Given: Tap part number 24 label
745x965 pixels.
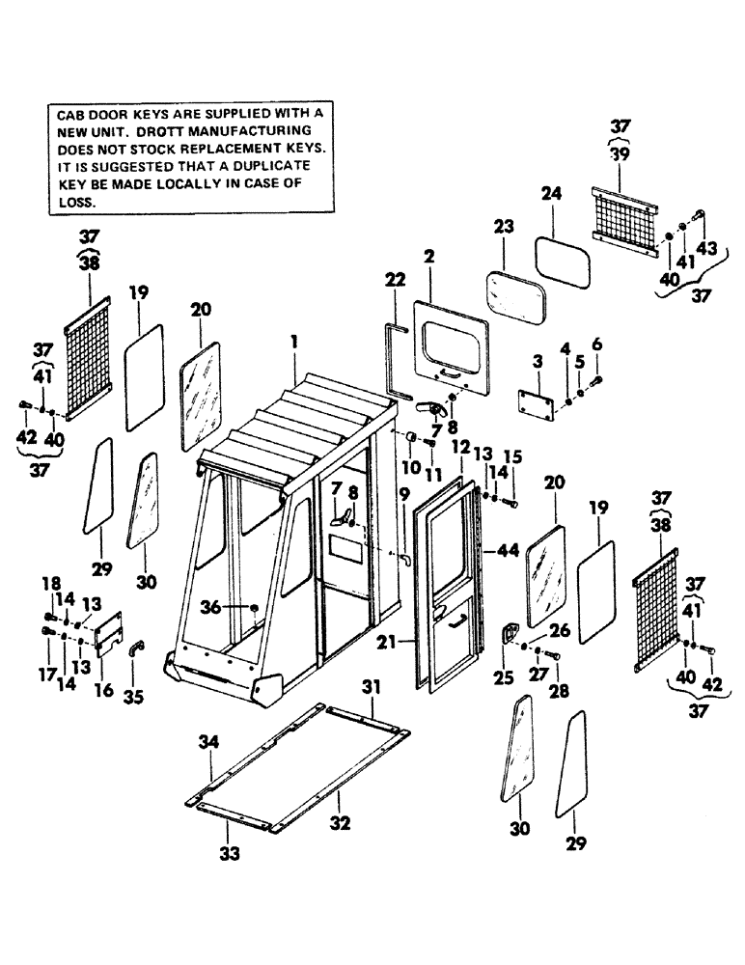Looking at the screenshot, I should pyautogui.click(x=550, y=194).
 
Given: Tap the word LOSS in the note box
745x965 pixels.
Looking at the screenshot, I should pyautogui.click(x=76, y=204).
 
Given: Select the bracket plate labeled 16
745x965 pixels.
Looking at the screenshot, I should pyautogui.click(x=107, y=636).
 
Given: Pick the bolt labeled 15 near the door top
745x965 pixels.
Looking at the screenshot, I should pyautogui.click(x=510, y=501).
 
